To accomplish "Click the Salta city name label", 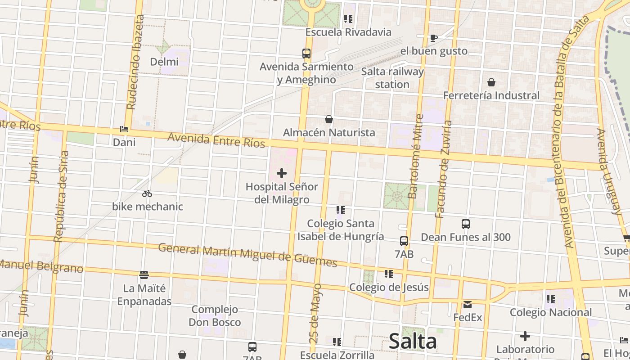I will click(x=413, y=341).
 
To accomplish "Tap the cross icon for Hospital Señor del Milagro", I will click(x=282, y=173).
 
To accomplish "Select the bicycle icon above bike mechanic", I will click(x=147, y=194).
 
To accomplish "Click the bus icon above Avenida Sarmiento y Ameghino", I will click(x=306, y=54).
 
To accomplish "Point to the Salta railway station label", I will click(x=392, y=78).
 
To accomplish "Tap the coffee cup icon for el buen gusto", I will click(x=434, y=38).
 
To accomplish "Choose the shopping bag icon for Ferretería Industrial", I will click(x=491, y=82).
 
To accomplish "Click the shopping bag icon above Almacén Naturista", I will click(x=329, y=119).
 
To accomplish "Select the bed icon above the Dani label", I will click(x=124, y=129).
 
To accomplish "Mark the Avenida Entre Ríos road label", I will click(x=216, y=139).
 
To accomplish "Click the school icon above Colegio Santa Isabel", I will click(x=341, y=210).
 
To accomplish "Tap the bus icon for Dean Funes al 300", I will click(x=466, y=224).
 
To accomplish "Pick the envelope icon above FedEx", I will click(x=468, y=305).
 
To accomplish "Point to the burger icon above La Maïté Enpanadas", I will click(x=144, y=274).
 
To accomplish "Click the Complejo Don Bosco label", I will click(x=215, y=316).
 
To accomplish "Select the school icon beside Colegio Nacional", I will click(x=550, y=299).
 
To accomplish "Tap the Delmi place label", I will click(x=164, y=62).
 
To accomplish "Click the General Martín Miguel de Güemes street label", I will click(x=247, y=254).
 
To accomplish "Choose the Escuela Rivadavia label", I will click(x=348, y=32).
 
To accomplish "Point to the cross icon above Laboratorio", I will click(x=525, y=336).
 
